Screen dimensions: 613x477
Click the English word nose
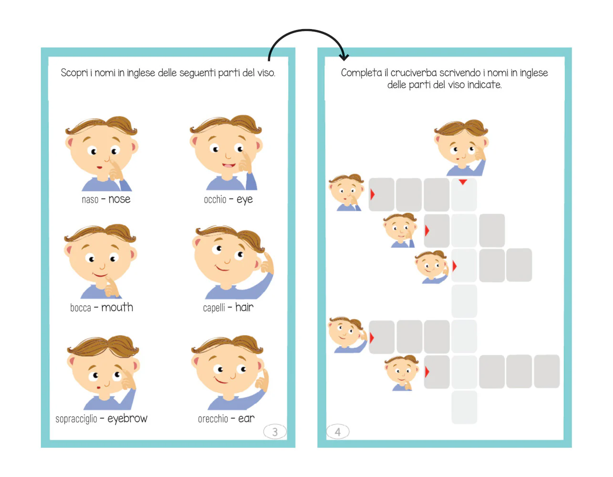tap(119, 199)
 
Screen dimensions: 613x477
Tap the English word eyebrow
tap(127, 419)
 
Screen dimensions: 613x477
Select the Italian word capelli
tap(214, 308)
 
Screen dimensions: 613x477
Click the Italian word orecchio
tap(213, 419)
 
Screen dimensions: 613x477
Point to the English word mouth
tap(117, 307)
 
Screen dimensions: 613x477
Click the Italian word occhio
tap(215, 199)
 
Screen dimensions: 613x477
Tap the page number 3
tap(275, 432)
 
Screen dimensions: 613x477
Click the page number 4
tap(338, 432)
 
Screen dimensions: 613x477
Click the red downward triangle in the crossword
tap(463, 182)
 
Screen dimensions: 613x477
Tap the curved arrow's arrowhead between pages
tap(344, 57)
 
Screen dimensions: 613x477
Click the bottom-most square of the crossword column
tap(464, 407)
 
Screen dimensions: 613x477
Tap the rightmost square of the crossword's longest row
tap(547, 371)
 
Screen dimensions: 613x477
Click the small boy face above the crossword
tap(461, 147)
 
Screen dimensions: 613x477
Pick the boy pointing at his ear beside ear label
tap(229, 373)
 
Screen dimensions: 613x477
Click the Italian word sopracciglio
tap(76, 419)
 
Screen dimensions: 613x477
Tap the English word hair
tap(244, 307)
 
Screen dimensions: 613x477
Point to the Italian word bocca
tap(81, 308)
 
